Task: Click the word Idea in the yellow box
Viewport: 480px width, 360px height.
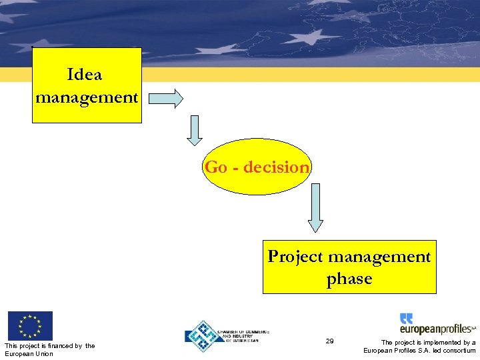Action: click(x=85, y=74)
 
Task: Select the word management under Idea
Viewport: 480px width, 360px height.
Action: click(x=87, y=97)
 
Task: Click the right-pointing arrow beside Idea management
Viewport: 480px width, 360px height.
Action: click(x=165, y=98)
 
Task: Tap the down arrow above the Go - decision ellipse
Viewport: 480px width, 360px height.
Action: click(x=194, y=130)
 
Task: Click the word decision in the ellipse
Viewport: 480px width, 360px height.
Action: click(x=276, y=167)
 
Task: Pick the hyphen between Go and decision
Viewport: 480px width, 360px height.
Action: click(x=235, y=168)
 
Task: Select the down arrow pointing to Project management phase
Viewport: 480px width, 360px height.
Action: click(x=315, y=207)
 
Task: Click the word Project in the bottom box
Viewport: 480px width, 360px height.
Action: click(x=295, y=257)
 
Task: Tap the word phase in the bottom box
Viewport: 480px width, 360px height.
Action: click(x=349, y=279)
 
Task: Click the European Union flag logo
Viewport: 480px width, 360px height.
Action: click(x=30, y=326)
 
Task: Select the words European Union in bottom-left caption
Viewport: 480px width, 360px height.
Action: click(x=29, y=353)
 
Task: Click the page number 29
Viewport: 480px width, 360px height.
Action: click(x=329, y=341)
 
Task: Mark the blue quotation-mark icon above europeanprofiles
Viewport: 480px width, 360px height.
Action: click(x=406, y=318)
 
